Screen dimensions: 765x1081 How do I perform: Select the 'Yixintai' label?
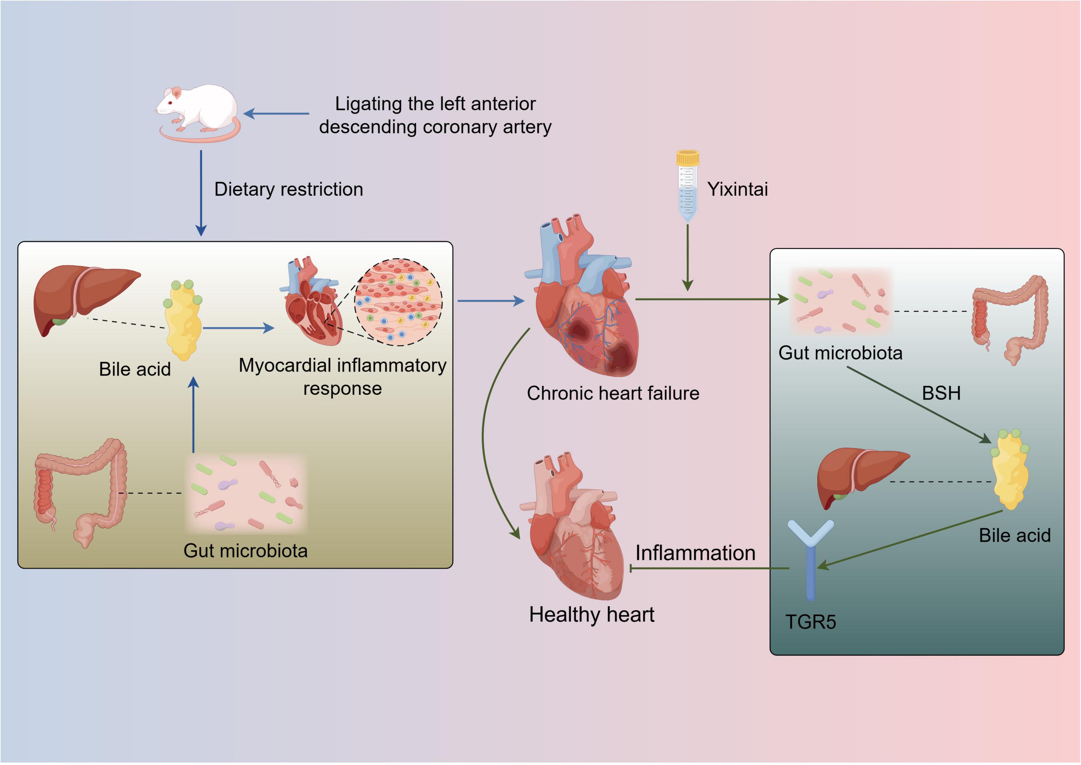737,189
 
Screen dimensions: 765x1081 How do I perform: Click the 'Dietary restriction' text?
289,189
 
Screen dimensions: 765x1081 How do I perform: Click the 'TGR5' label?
810,622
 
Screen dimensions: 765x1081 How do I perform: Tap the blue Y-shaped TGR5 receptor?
810,556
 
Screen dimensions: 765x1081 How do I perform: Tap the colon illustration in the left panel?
80,490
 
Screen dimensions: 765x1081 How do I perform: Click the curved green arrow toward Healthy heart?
485,433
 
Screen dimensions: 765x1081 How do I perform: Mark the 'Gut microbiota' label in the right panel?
840,353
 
